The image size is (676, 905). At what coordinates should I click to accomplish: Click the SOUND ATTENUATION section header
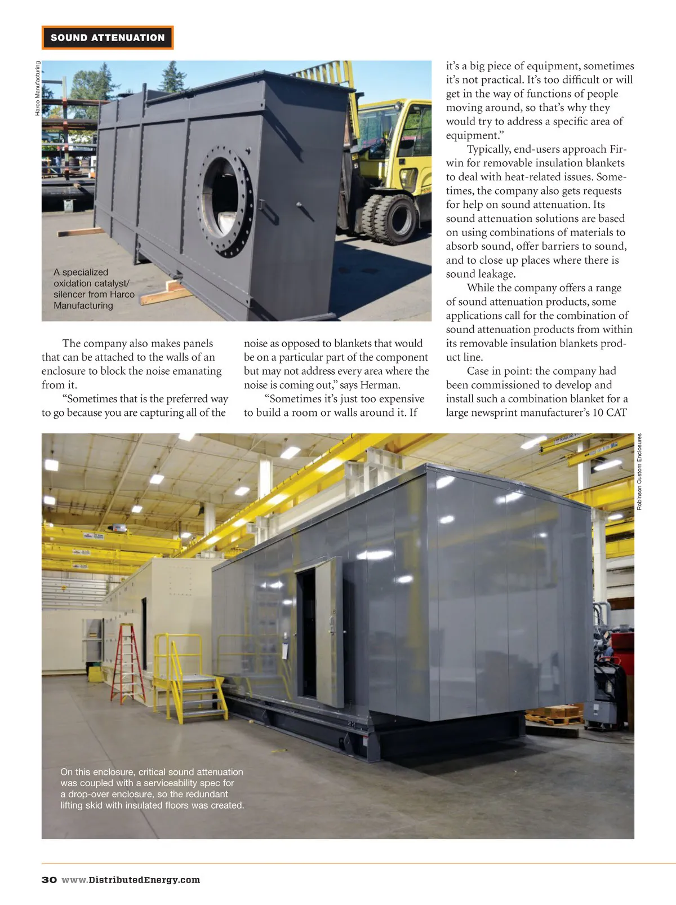pos(108,38)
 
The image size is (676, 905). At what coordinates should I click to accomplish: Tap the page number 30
pos(49,880)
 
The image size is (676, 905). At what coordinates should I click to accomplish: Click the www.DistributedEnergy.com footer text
pos(131,880)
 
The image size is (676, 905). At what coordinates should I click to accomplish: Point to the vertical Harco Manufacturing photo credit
pos(38,88)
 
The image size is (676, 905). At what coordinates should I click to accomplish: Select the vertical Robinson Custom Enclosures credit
pos(639,472)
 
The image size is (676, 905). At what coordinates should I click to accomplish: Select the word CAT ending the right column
pos(616,412)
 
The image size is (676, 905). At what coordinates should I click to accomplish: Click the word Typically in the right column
pos(489,149)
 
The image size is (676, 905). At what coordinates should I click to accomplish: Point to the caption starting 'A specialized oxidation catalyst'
pos(94,289)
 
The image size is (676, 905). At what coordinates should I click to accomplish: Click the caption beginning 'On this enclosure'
pos(152,788)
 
